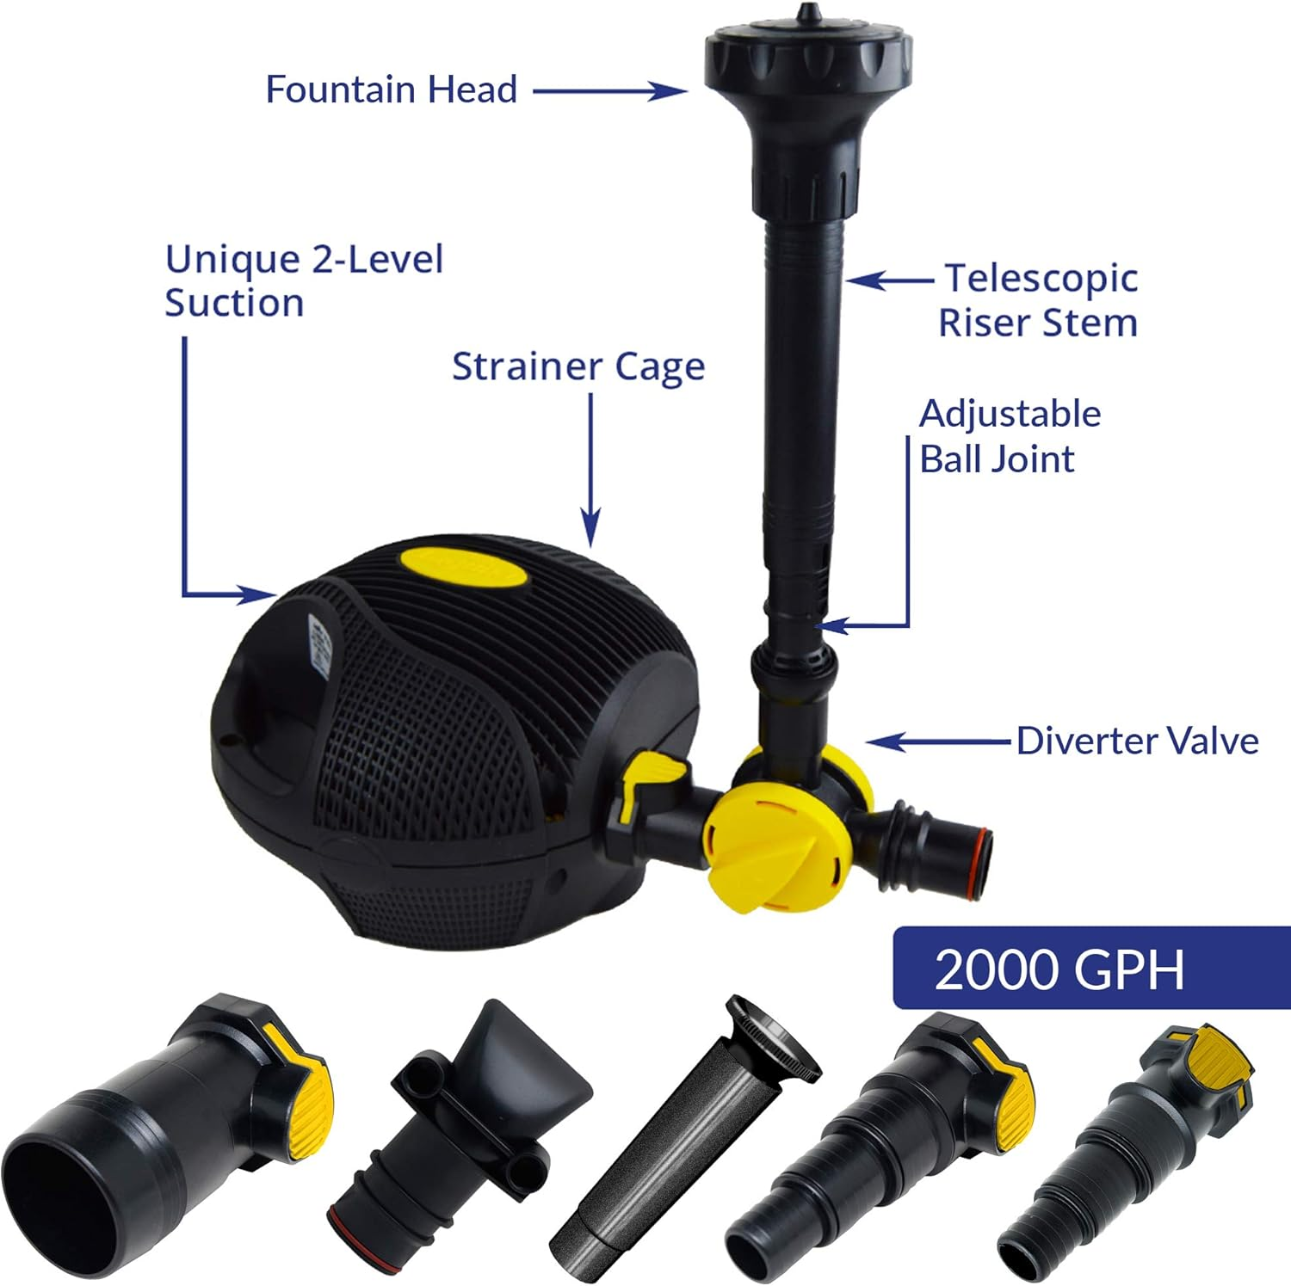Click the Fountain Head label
click(391, 90)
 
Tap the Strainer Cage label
click(578, 367)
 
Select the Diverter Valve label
click(1137, 741)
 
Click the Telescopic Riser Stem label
click(1039, 300)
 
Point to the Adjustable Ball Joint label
click(1009, 436)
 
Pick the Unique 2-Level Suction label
click(304, 281)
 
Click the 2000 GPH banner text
click(1059, 969)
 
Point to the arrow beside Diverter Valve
click(938, 741)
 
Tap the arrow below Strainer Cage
click(590, 470)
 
